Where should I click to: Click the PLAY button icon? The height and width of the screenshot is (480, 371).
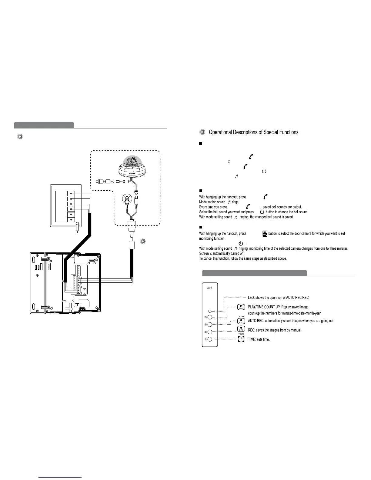[241, 307]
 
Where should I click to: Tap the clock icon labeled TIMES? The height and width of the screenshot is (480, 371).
[241, 339]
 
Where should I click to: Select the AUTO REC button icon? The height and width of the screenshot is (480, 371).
[241, 321]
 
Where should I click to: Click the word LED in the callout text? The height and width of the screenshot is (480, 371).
[251, 298]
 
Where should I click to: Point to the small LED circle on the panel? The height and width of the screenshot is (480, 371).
[209, 311]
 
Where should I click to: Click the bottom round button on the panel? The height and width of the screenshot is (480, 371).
[209, 339]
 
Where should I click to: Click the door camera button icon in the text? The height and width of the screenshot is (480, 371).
[265, 234]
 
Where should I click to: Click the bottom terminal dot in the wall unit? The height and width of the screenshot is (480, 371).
[71, 219]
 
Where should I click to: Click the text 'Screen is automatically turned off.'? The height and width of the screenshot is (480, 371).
[222, 253]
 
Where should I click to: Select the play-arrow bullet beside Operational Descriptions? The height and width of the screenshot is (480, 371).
[202, 132]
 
